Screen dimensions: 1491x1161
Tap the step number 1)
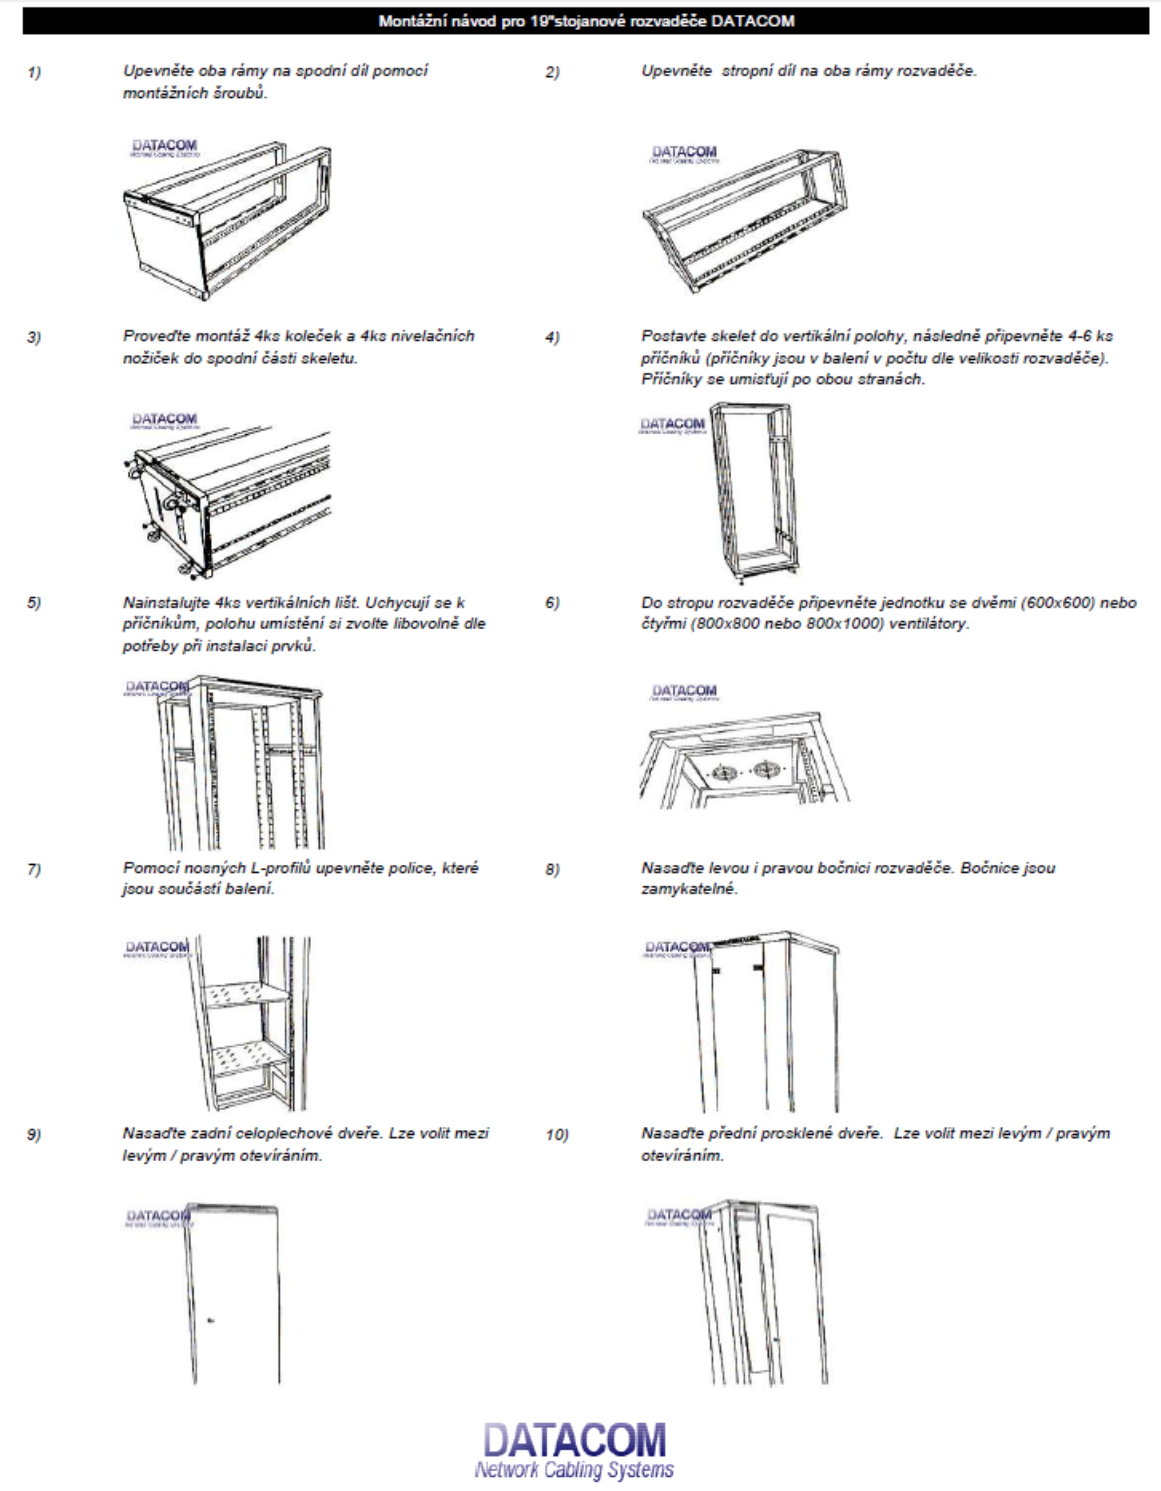point(34,73)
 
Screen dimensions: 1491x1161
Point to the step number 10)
point(557,1135)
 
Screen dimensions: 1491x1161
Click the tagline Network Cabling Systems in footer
point(574,1470)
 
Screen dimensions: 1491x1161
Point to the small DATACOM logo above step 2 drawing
point(684,152)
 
